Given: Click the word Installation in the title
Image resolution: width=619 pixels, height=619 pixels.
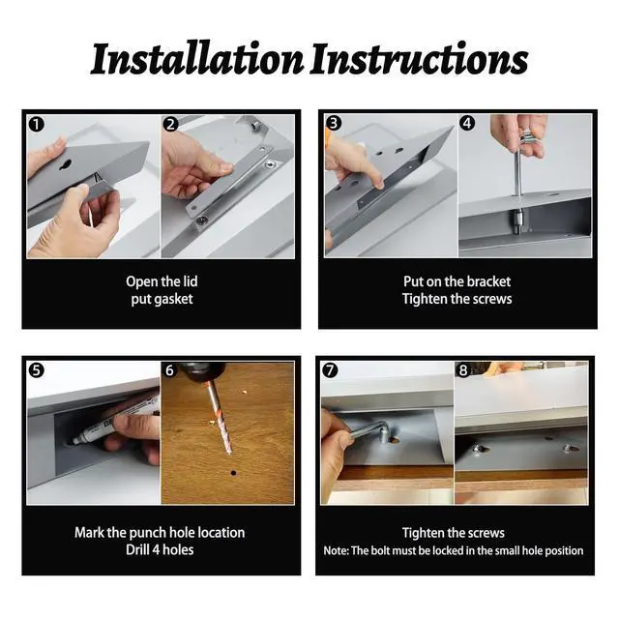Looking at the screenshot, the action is (x=197, y=59).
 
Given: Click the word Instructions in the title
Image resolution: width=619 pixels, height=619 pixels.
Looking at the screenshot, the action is (x=419, y=59).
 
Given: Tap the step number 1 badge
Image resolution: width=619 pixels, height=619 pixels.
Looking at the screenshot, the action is (x=37, y=125).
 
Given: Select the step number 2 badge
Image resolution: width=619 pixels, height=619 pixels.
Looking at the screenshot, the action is (x=170, y=125).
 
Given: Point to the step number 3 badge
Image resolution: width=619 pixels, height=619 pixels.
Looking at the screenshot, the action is (x=334, y=123).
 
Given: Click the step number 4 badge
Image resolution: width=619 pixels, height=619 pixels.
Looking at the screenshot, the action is (x=467, y=123).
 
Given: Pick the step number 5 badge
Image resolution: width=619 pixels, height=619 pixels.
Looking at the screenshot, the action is (x=37, y=370).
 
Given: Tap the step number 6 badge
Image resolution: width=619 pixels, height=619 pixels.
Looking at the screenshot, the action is (x=170, y=370).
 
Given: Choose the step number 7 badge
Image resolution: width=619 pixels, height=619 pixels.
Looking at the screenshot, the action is (x=330, y=370).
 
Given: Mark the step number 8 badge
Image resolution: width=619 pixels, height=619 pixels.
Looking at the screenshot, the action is (x=463, y=370).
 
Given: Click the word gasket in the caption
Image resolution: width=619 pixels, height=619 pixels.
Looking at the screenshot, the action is (x=172, y=300).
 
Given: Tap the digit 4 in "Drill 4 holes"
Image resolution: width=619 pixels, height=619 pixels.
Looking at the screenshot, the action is (x=155, y=550).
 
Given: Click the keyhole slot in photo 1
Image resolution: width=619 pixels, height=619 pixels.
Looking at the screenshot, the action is (x=66, y=165).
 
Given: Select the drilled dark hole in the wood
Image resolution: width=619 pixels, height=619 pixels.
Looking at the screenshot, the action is (x=234, y=473).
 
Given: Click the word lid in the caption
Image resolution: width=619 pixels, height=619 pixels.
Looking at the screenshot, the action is (x=190, y=281).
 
